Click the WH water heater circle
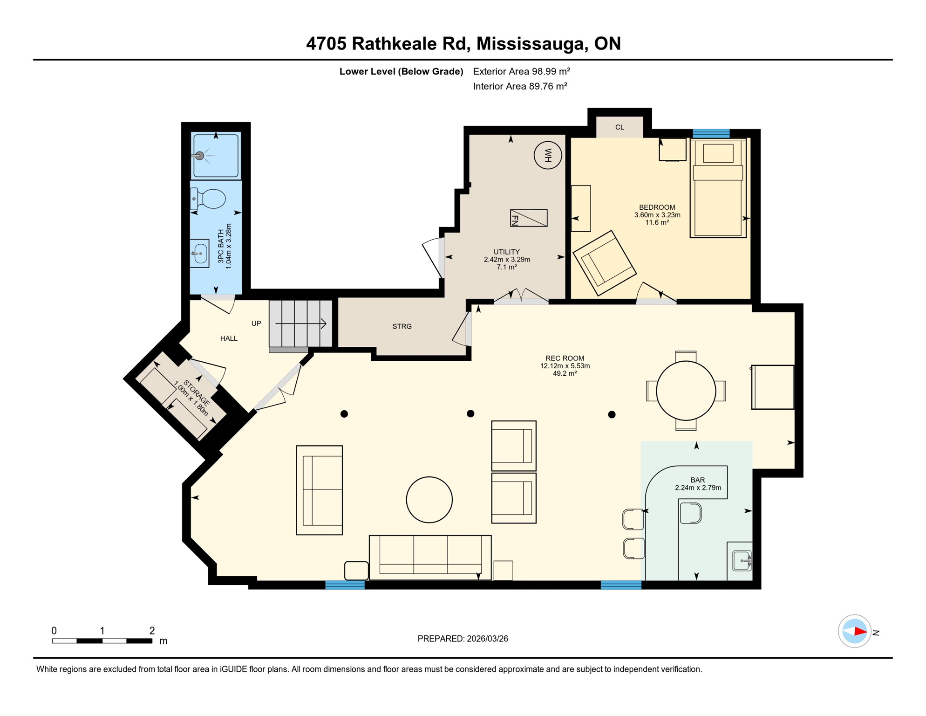point(547,155)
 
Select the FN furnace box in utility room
point(529,218)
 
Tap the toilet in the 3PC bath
point(210,199)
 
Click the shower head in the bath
point(200,156)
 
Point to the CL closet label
point(619,127)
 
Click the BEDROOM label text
point(657,207)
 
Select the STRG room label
point(402,327)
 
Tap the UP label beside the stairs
point(256,324)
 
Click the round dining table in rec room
point(686,391)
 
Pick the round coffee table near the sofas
point(429,500)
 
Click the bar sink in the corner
point(741,561)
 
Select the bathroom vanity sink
point(200,254)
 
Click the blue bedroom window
point(711,134)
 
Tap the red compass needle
point(860,632)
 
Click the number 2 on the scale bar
point(152,631)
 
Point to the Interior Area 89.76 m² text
point(520,86)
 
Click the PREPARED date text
point(463,639)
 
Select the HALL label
point(229,338)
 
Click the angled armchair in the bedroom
point(604,263)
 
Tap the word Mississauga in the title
point(530,44)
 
